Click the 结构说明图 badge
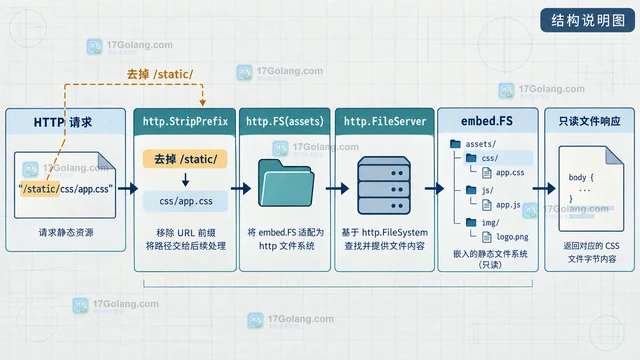pyautogui.click(x=587, y=20)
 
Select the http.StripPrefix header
pyautogui.click(x=185, y=121)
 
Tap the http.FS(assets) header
pyautogui.click(x=285, y=121)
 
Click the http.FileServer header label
pyautogui.click(x=385, y=121)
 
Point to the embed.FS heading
pyautogui.click(x=487, y=121)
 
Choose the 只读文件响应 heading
pyautogui.click(x=589, y=121)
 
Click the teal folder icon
pyautogui.click(x=286, y=182)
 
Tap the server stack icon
pyautogui.click(x=384, y=185)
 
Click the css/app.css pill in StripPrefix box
pyautogui.click(x=185, y=201)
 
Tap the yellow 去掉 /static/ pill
pyautogui.click(x=185, y=159)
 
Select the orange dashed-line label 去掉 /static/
pyautogui.click(x=160, y=74)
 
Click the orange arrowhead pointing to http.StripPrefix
pyautogui.click(x=202, y=102)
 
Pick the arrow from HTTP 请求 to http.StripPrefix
pyautogui.click(x=128, y=189)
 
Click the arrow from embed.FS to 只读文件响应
pyautogui.click(x=544, y=188)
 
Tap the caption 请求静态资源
pyautogui.click(x=66, y=232)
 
